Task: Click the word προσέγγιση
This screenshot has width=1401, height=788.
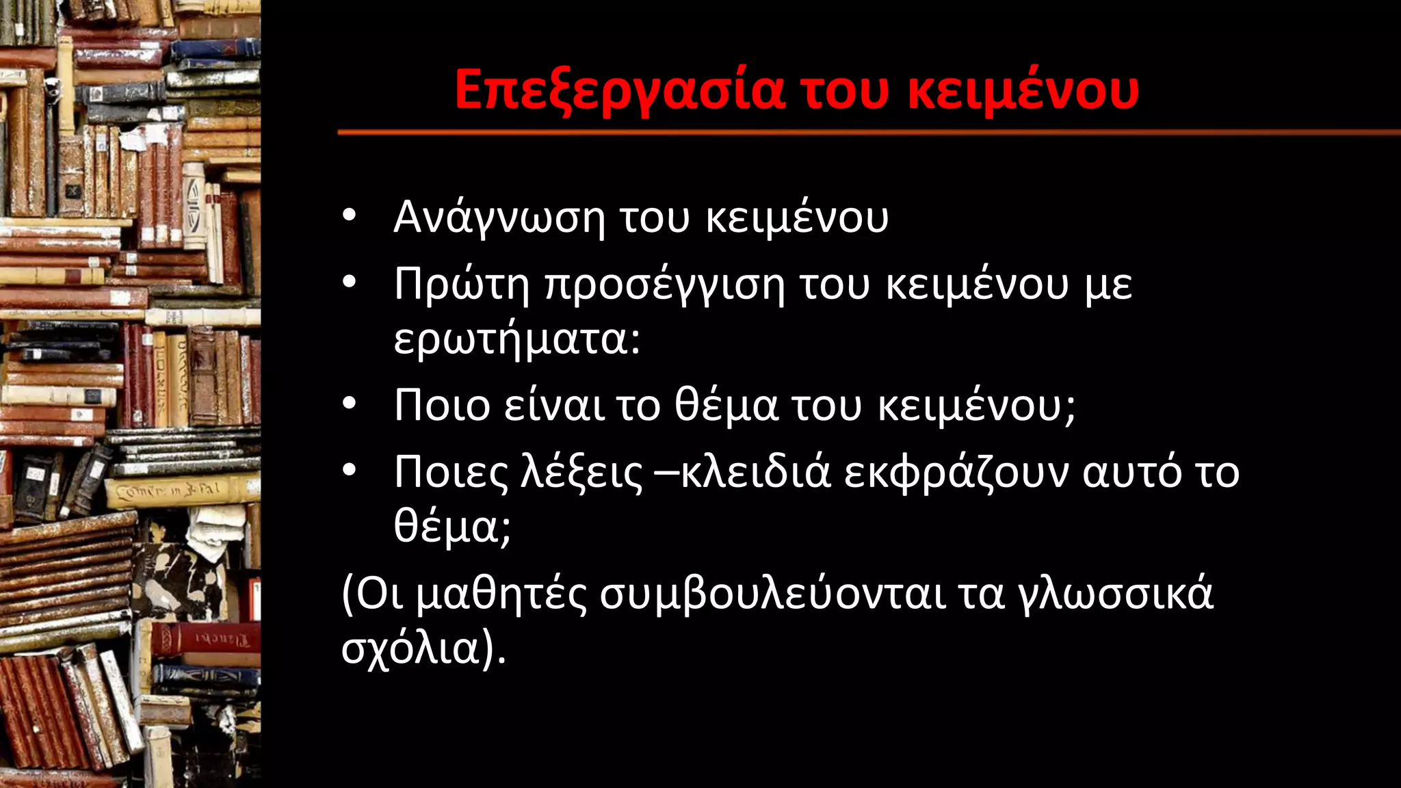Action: click(664, 286)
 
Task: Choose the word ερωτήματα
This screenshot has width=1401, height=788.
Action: click(516, 339)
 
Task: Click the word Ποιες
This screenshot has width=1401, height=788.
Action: click(451, 472)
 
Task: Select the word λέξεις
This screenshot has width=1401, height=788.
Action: click(581, 472)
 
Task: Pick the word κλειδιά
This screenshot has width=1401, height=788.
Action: click(756, 472)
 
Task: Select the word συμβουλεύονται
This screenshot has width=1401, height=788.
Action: click(773, 594)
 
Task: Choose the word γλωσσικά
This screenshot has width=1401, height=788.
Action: click(1116, 594)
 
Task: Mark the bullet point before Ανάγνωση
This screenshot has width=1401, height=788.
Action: click(350, 216)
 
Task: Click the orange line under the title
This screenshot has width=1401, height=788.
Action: click(869, 132)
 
